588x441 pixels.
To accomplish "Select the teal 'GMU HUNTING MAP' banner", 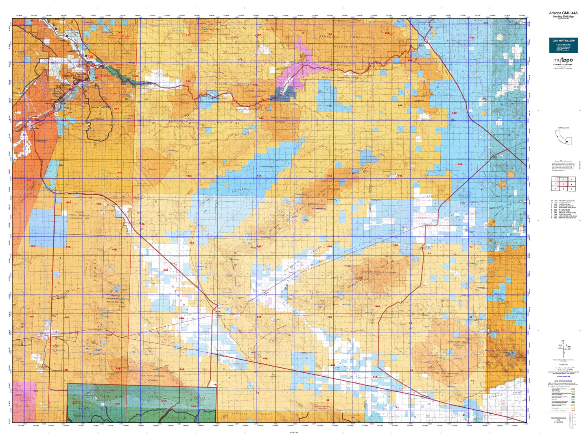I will tap(563, 45).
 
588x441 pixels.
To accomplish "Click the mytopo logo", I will tap(563, 61).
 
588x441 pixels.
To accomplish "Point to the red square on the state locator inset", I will tap(566, 142).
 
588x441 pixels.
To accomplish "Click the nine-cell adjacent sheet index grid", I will tap(563, 183).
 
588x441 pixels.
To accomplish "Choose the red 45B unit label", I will tap(193, 406).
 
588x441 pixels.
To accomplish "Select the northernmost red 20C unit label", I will tap(472, 37).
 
